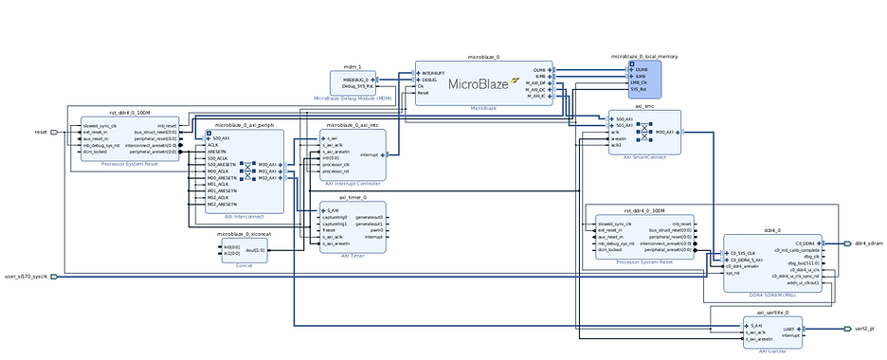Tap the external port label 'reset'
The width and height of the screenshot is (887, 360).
pos(41,132)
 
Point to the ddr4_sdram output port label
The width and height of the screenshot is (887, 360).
pos(869,243)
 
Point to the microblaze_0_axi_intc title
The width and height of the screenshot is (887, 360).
pos(353,125)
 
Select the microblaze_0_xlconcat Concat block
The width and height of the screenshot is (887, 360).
pos(244,252)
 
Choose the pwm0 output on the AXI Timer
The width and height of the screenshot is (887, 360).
pos(376,229)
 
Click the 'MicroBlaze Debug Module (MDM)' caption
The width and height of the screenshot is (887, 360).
pos(353,98)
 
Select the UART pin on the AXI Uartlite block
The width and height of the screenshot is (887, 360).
pos(787,328)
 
